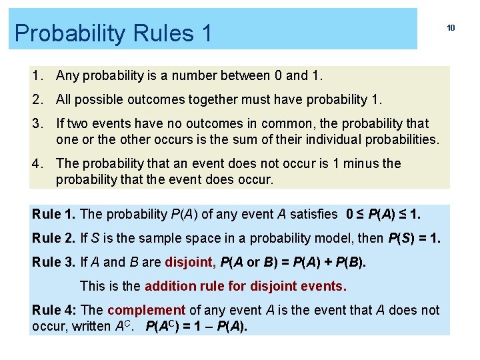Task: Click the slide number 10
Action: click(451, 28)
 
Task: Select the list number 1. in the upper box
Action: click(38, 75)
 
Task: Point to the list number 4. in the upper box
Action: click(38, 163)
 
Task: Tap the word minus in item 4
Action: click(362, 163)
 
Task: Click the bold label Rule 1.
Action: click(54, 214)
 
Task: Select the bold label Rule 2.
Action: click(54, 238)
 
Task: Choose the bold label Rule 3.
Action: click(54, 262)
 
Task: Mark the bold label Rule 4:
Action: click(55, 310)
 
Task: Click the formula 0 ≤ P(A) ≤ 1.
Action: click(383, 214)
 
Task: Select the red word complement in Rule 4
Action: click(146, 310)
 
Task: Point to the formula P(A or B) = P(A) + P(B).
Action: click(293, 262)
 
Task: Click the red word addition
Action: click(170, 287)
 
